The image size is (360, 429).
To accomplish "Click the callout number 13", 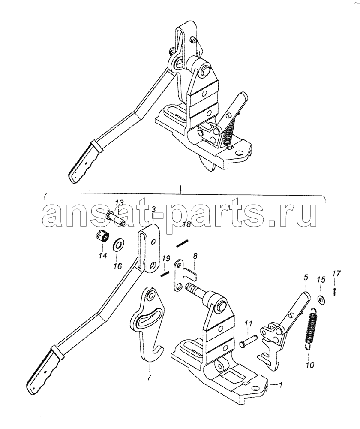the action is coord(119,203).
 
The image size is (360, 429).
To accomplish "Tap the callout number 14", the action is coord(103,256).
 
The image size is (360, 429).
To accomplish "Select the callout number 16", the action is coord(117,266).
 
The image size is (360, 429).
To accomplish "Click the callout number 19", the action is coord(166,259).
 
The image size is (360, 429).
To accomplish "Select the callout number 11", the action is coord(248,323).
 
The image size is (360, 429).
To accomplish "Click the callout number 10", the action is coord(310,364).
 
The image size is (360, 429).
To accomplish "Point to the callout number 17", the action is coord(336,273).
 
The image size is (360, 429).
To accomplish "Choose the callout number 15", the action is coord(321,280).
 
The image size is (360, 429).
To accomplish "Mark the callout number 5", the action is coord(305,278).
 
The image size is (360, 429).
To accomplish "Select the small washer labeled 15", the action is coord(321,300).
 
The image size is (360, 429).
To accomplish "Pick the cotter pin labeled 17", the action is coord(335,292).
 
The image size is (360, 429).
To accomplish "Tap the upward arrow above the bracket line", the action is coord(180,189).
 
